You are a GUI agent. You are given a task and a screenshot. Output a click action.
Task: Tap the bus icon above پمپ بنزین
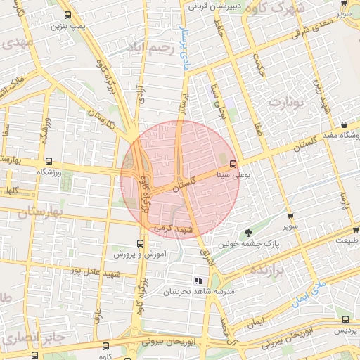click(67, 15)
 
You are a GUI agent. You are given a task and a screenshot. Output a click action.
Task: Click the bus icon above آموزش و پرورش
click(120, 244)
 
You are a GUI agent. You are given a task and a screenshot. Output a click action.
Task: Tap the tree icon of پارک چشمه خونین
click(247, 233)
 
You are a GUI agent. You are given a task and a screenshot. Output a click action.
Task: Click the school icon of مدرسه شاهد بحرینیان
click(207, 281)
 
